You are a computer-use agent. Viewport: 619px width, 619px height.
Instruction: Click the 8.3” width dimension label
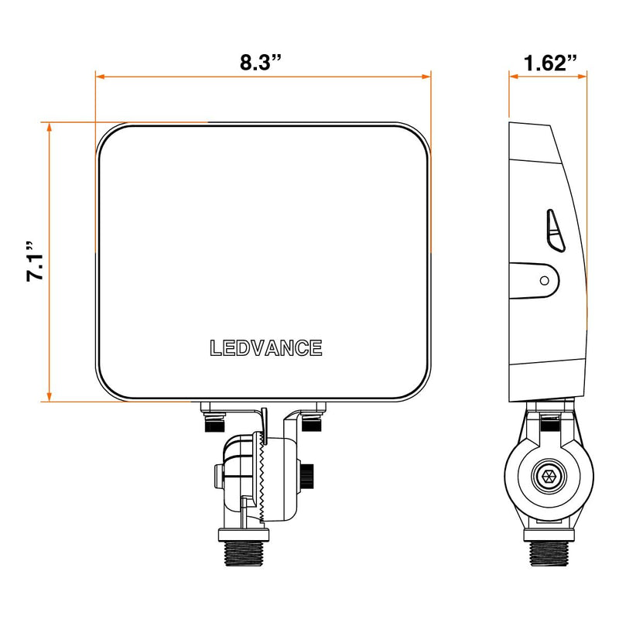[258, 63]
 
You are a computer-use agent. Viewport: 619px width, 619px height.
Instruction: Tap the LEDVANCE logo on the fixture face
[266, 348]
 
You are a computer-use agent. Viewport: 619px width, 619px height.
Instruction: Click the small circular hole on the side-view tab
[545, 279]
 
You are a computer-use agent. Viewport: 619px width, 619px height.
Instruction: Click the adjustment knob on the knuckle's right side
[308, 475]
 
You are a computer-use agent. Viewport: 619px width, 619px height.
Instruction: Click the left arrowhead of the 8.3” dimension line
[99, 77]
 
